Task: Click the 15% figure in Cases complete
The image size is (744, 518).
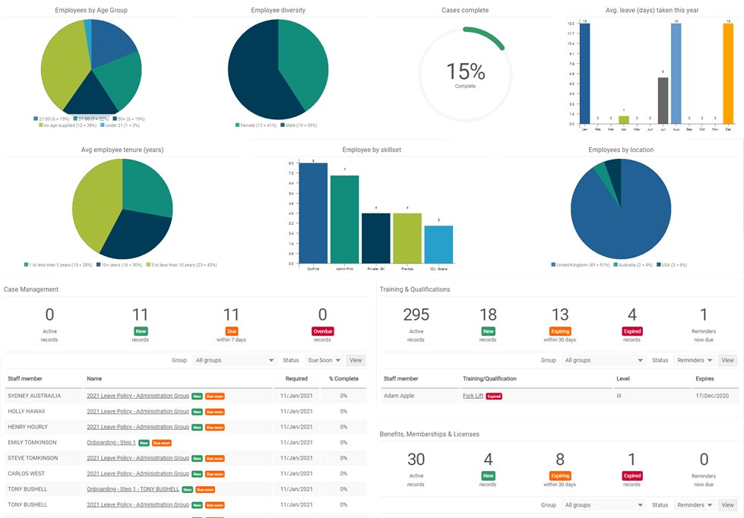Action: (465, 71)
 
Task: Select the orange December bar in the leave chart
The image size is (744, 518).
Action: (728, 74)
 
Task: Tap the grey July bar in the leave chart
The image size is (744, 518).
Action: (663, 100)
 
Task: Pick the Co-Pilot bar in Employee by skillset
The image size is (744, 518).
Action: (313, 213)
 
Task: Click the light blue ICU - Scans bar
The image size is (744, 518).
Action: (438, 244)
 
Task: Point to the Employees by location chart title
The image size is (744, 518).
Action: (620, 150)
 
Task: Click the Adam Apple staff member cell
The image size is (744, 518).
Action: (400, 396)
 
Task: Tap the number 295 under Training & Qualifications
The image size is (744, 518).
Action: (416, 315)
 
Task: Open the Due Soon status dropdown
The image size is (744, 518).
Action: (324, 361)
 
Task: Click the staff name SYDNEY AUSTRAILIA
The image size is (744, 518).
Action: (34, 396)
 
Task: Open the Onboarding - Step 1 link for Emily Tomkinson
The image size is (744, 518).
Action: (111, 442)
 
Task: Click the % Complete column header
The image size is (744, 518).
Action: (342, 377)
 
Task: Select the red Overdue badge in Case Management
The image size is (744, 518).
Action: (322, 331)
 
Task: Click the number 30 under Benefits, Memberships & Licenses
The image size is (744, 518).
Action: (416, 459)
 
